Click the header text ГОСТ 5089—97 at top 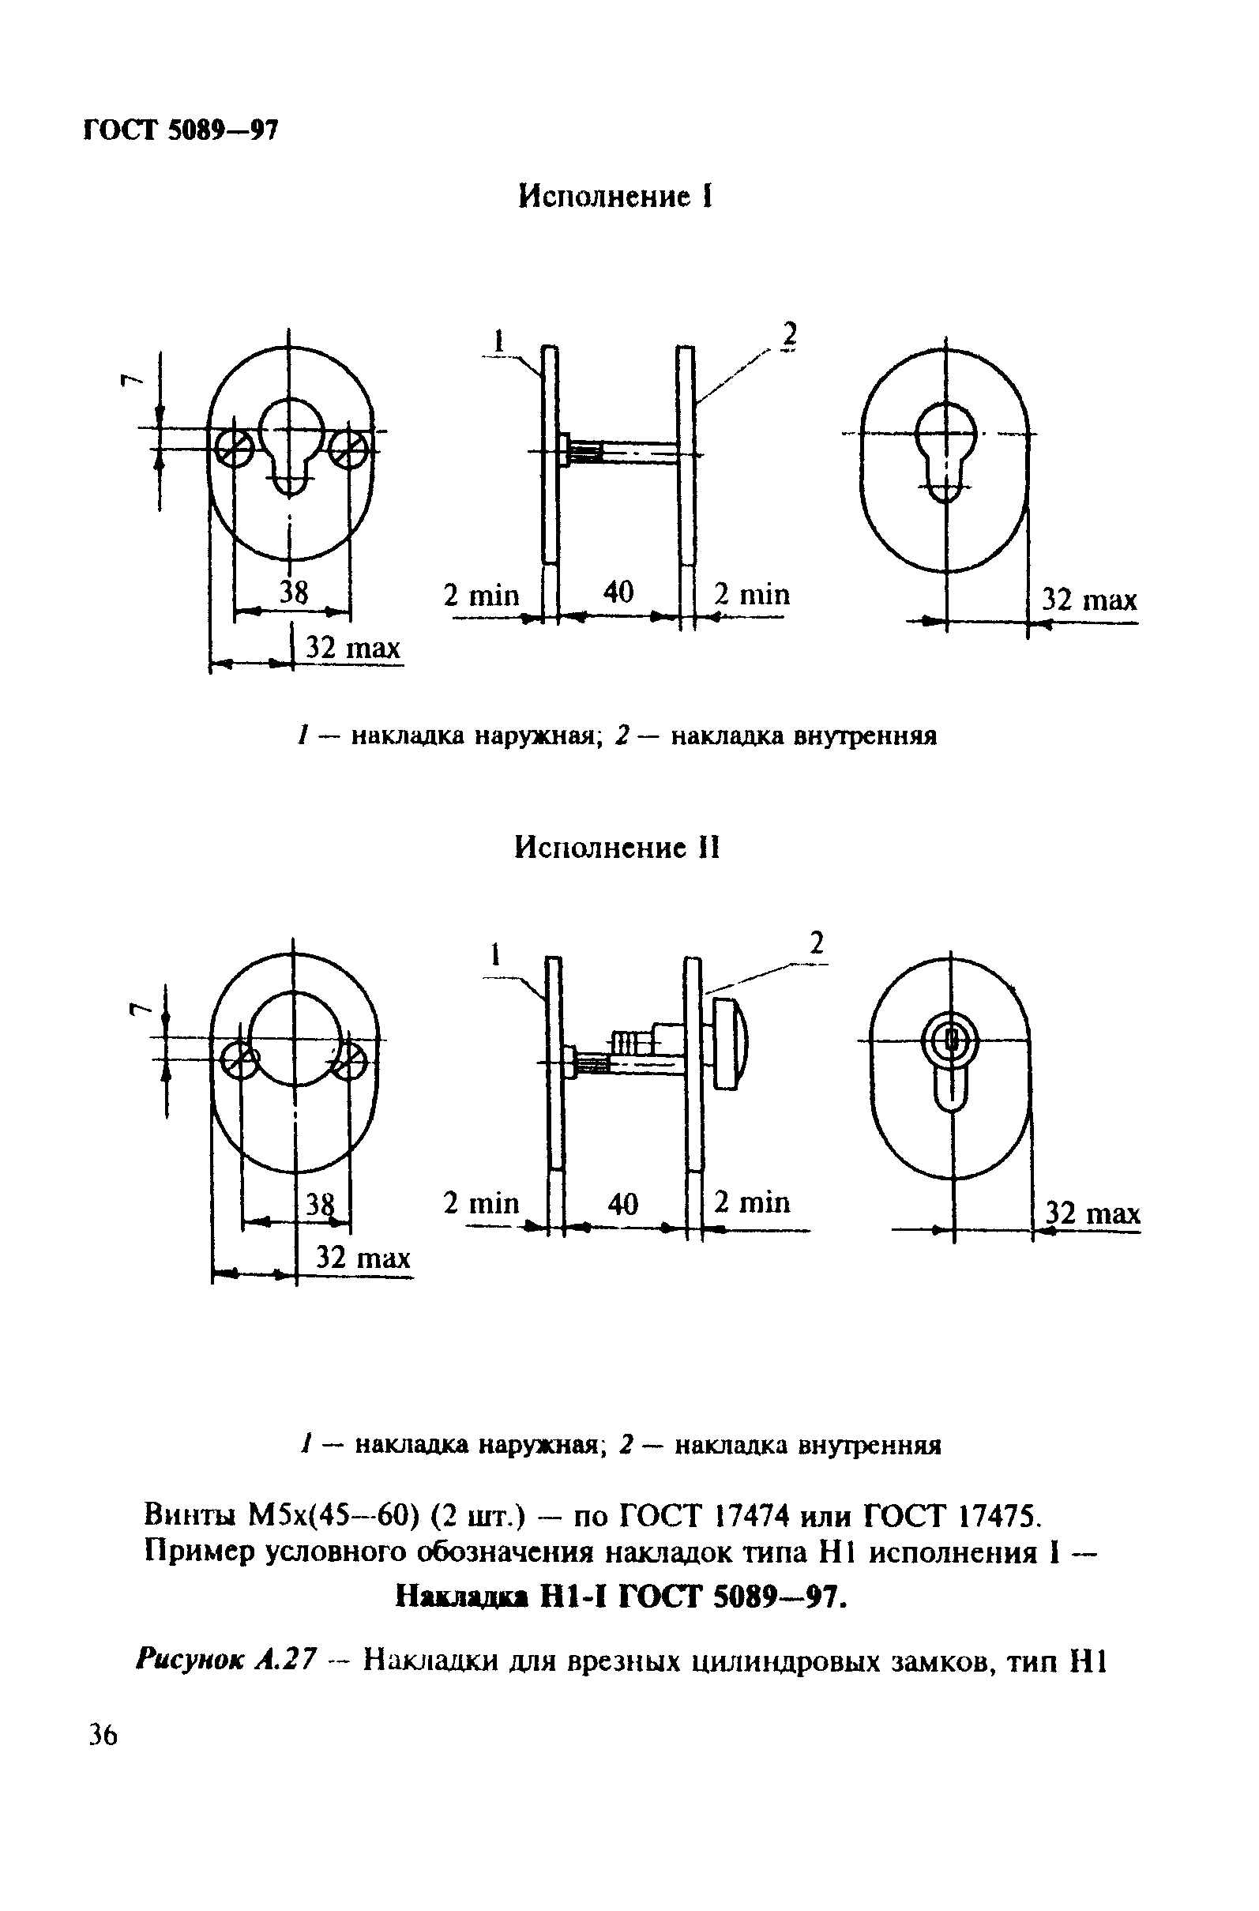coord(181,130)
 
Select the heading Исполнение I coord(615,197)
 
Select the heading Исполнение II coord(617,848)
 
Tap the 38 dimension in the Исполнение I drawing coord(294,592)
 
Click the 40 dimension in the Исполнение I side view coord(618,592)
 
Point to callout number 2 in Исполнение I coord(790,334)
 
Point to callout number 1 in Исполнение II coord(496,954)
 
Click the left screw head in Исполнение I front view coord(234,446)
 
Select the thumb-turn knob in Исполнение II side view coord(731,1043)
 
